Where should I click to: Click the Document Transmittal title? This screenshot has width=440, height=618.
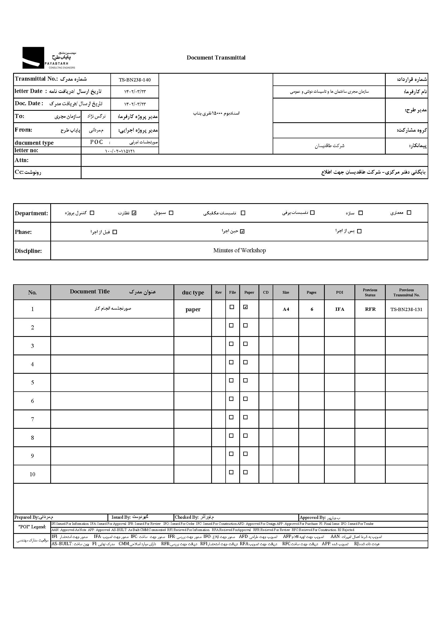pos(216,58)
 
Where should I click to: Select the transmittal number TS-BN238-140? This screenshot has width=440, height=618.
pos(135,80)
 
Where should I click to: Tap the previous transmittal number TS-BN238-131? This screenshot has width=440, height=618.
pos(406,309)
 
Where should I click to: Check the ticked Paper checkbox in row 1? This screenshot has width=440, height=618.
pos(245,307)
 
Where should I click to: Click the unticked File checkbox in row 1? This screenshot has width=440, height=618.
pos(232,307)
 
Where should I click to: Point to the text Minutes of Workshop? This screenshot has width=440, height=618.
pos(239,250)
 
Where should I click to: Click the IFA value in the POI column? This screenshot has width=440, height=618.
pos(339,309)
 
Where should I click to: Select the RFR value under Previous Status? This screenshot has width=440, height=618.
pos(370,309)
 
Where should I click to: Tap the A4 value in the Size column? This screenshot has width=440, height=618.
pos(286,309)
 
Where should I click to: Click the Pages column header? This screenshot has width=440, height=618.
pos(311,292)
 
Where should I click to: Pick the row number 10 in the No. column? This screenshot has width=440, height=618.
pos(32,474)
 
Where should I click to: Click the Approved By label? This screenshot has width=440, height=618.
pos(312,517)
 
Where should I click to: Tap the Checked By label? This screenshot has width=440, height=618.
pos(186,517)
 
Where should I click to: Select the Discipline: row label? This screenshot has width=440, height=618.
pos(28,251)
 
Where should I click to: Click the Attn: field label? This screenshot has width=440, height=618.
pos(22,160)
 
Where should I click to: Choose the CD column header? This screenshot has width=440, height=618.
pos(266,292)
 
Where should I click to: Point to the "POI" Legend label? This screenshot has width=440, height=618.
pos(32,527)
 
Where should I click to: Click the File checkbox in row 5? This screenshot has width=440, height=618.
pos(231,380)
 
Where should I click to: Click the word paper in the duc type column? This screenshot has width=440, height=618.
pos(193,309)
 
